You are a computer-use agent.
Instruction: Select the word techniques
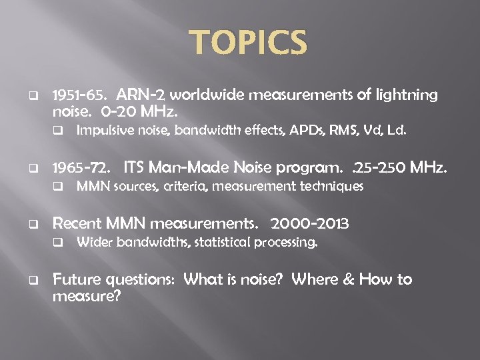click(x=331, y=187)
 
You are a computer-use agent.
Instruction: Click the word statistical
click(x=224, y=243)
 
